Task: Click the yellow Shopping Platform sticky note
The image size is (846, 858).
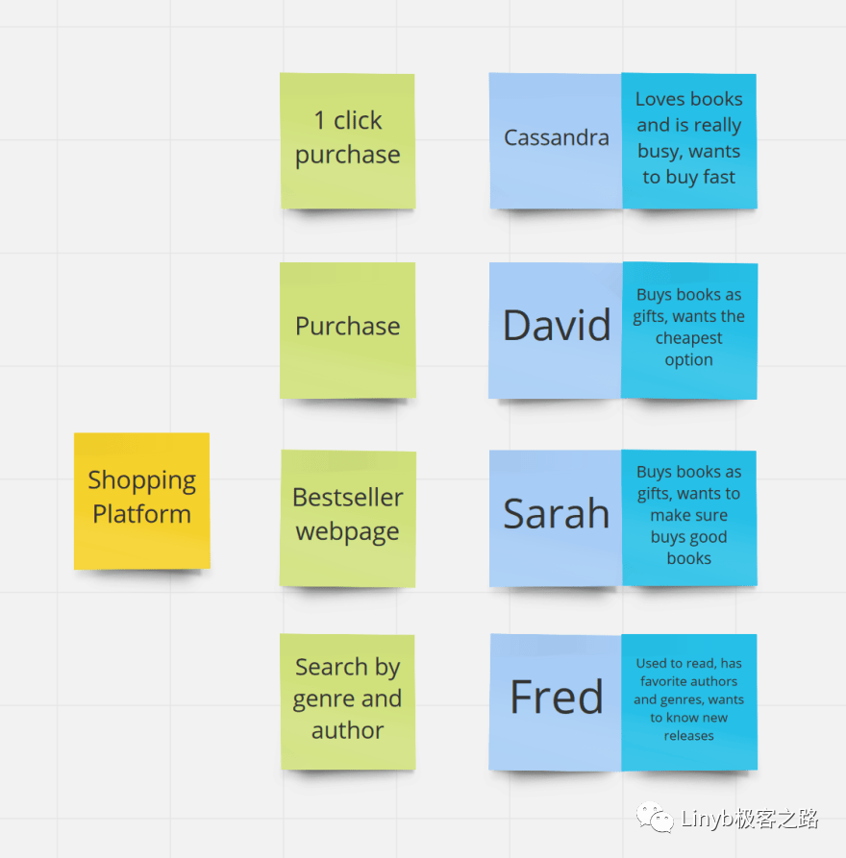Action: tap(141, 500)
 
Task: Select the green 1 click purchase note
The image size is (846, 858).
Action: tap(347, 140)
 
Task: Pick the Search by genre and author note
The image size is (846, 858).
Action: tap(347, 700)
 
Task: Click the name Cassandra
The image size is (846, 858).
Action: tap(556, 138)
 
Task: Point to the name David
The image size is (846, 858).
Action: tap(556, 326)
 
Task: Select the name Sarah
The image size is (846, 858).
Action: tap(556, 514)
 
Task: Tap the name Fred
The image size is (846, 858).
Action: tap(556, 697)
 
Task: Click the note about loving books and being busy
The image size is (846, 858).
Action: tap(688, 140)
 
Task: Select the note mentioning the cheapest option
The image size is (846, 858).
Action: tap(688, 330)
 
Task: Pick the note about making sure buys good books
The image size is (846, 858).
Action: tap(688, 517)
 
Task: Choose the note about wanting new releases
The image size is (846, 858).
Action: tap(688, 700)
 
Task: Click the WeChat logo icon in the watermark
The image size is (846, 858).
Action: tap(659, 818)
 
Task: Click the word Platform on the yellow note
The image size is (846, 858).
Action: tap(141, 514)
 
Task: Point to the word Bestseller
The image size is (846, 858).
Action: tap(347, 498)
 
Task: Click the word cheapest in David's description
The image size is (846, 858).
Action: tap(689, 338)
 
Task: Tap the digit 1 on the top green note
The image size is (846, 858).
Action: tap(319, 121)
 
